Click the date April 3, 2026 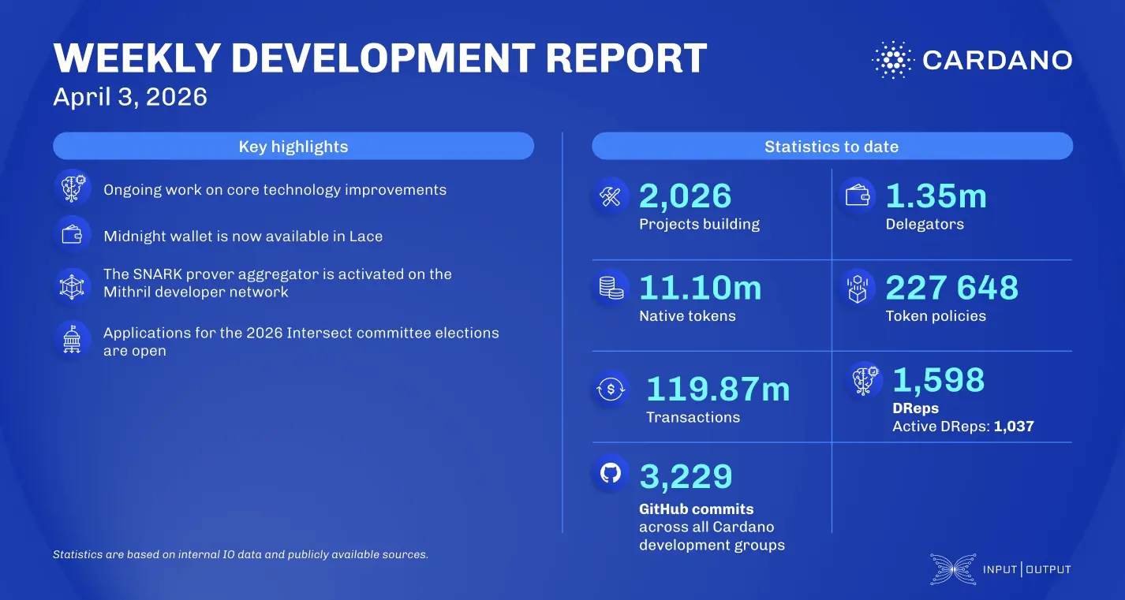point(130,97)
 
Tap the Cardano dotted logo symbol point(891,60)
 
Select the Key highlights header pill point(293,147)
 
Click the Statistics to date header point(832,147)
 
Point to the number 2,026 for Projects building point(685,196)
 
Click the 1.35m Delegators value point(936,196)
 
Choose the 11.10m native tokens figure point(700,288)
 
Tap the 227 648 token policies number point(951,288)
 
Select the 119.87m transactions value point(718,389)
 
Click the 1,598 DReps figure point(939,380)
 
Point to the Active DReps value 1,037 point(1014,427)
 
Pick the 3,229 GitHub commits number point(686,476)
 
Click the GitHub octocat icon point(611,473)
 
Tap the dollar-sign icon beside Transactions point(611,389)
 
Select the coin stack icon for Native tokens point(611,289)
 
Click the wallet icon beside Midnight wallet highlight point(73,235)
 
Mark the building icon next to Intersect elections point(73,339)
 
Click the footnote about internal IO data point(241,554)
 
